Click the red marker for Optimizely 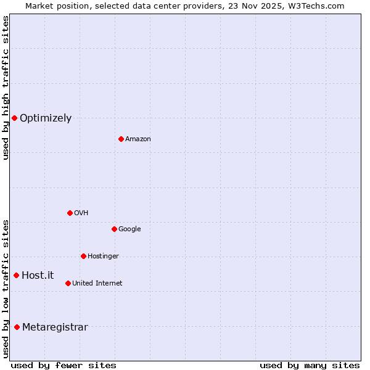coord(14,118)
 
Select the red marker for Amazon coord(121,139)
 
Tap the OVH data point coord(70,213)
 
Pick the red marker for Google coord(114,229)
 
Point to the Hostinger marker coord(83,256)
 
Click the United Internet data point coord(68,283)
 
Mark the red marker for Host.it coord(16,275)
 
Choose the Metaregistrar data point coord(17,327)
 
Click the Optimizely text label coord(46,118)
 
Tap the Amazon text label coord(138,139)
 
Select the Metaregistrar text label coord(55,327)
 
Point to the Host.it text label coord(38,276)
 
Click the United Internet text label coord(97,284)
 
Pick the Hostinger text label coord(103,257)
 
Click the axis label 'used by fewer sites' coord(64,366)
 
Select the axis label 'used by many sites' coord(310,366)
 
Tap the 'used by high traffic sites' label coord(6,88)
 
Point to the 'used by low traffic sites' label coord(6,288)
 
